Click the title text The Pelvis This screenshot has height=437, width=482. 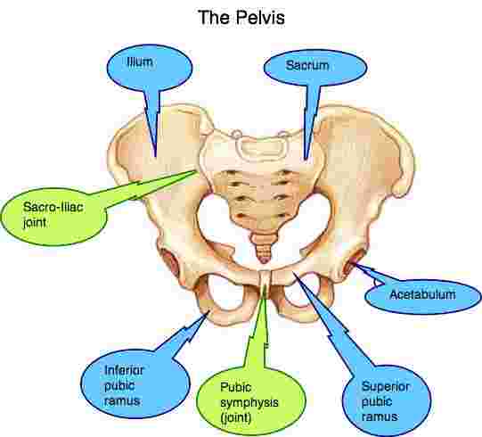pyautogui.click(x=241, y=17)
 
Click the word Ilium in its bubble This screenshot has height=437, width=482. pyautogui.click(x=140, y=62)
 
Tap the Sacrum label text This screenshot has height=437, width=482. pyautogui.click(x=307, y=65)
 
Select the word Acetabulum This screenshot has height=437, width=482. pyautogui.click(x=422, y=294)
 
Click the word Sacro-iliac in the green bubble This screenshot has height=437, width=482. pyautogui.click(x=53, y=207)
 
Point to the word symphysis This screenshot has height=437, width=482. pyautogui.click(x=249, y=403)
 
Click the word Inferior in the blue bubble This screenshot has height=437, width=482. pyautogui.click(x=124, y=370)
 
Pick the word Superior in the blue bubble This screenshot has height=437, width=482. pyautogui.click(x=386, y=386)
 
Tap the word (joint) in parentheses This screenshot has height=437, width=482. pyautogui.click(x=236, y=418)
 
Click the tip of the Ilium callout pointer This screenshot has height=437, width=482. pyautogui.click(x=156, y=157)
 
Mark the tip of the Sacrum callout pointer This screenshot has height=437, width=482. pyautogui.click(x=306, y=159)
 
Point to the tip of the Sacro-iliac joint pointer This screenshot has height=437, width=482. pyautogui.click(x=198, y=171)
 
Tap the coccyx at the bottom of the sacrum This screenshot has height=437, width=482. pyautogui.click(x=264, y=249)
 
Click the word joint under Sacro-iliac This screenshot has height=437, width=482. pyautogui.click(x=35, y=223)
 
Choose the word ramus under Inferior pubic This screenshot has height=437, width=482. pyautogui.click(x=122, y=401)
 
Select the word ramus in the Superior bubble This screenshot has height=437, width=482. pyautogui.click(x=380, y=416)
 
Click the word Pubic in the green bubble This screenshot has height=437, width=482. pyautogui.click(x=236, y=387)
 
